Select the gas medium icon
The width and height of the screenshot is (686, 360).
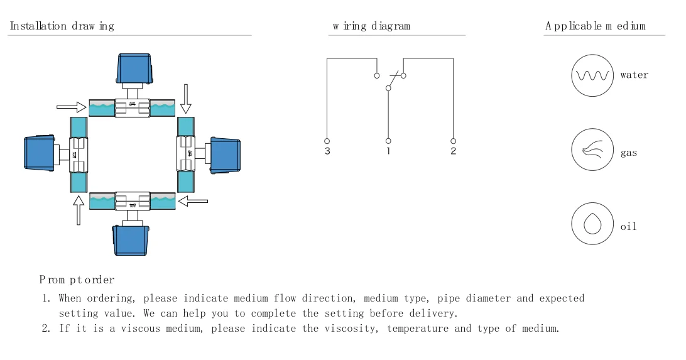592,150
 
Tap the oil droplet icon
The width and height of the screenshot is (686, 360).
592,224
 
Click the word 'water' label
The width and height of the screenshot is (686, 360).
634,75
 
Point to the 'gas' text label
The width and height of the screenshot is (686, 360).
629,153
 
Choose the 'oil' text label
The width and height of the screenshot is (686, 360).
628,226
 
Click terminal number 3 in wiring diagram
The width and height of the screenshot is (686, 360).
327,151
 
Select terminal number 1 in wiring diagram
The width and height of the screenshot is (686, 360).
388,151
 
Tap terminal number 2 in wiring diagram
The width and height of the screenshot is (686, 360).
454,151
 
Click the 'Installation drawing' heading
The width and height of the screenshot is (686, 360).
62,26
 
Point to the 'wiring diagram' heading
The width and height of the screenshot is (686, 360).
371,26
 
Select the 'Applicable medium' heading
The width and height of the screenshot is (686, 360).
596,26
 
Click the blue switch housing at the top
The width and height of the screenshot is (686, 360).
134,68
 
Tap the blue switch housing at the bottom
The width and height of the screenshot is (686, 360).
131,240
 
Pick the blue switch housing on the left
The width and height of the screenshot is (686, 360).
40,153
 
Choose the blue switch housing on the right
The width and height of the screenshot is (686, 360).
226,155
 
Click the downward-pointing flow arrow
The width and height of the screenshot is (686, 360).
186,99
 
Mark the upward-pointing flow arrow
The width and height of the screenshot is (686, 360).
79,210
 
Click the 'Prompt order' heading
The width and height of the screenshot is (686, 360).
77,280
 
